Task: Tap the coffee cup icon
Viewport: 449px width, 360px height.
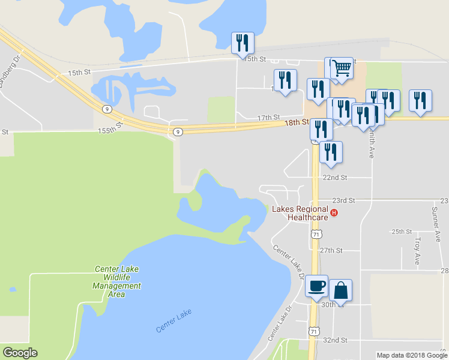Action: tap(316, 287)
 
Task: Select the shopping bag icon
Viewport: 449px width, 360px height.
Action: tap(340, 290)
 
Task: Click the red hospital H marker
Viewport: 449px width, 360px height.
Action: tap(335, 212)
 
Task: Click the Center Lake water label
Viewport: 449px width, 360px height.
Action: tap(173, 322)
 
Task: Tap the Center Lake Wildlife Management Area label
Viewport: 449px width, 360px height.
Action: tap(117, 281)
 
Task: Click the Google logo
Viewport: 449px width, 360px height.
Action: tap(20, 353)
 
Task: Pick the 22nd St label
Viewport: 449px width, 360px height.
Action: tap(335, 178)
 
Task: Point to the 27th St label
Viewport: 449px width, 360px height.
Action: tap(331, 250)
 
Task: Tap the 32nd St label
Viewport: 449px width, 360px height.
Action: tap(335, 340)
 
